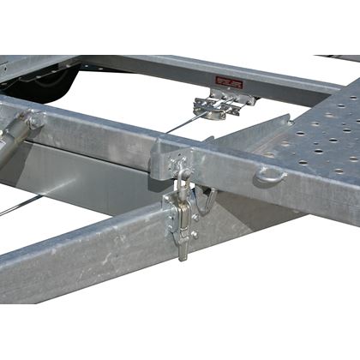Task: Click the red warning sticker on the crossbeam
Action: [x=229, y=82]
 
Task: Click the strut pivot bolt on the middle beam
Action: [x=36, y=121]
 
